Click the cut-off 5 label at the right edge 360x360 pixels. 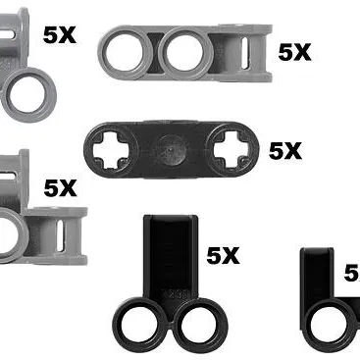[351, 274]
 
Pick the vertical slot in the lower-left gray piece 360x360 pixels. [64, 236]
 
